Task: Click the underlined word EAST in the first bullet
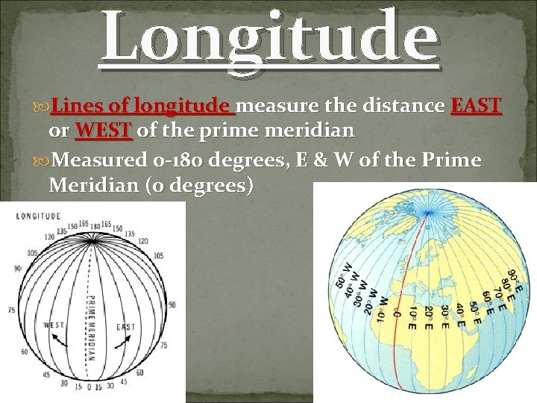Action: point(476,106)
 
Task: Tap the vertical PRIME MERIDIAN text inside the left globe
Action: point(92,328)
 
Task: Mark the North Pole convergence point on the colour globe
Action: point(427,213)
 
